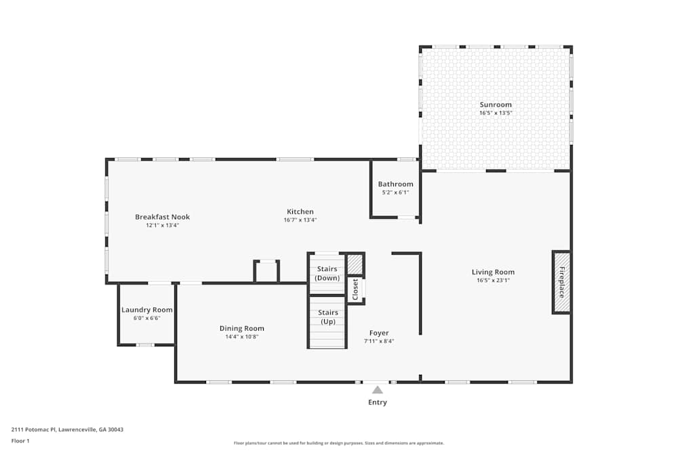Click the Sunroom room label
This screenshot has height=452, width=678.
[x=496, y=104]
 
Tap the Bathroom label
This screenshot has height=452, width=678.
[x=395, y=184]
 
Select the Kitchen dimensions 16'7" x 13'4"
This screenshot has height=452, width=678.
[x=300, y=220]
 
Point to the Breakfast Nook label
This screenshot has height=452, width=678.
[x=162, y=217]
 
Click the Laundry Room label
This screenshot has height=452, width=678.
[x=146, y=310]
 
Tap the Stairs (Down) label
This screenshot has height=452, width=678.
[x=327, y=274]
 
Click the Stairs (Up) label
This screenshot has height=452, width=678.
[x=327, y=316]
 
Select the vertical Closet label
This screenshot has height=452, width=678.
[x=355, y=289]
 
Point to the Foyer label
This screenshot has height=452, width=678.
[x=378, y=333]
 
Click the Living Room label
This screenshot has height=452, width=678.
[x=493, y=272]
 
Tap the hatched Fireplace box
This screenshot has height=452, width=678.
[x=561, y=282]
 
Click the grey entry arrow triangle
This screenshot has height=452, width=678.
[x=377, y=389]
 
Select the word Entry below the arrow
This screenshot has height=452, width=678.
[x=377, y=403]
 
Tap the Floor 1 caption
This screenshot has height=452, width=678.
[x=20, y=440]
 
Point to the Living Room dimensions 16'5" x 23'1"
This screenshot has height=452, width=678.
[x=493, y=280]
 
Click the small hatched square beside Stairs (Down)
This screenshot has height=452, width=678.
[x=355, y=264]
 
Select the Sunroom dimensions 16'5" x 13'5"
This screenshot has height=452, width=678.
[x=496, y=112]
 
